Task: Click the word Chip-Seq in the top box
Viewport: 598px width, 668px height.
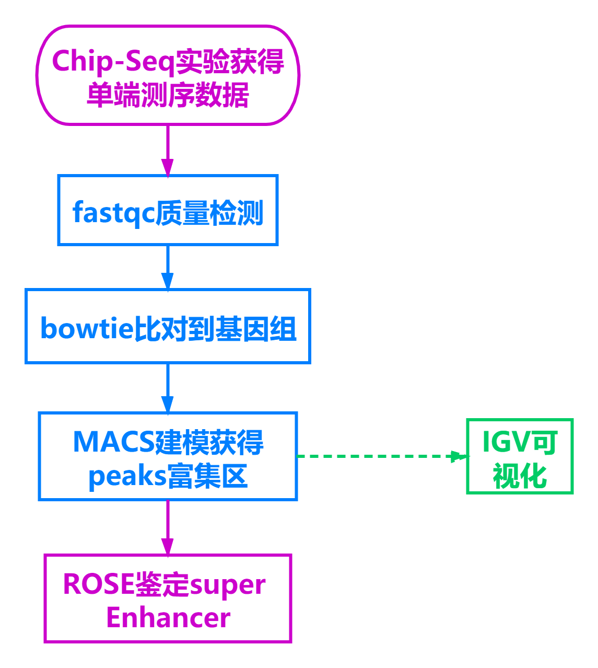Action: [112, 62]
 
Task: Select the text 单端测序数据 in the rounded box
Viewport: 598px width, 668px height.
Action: [168, 95]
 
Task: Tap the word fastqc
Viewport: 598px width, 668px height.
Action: [113, 213]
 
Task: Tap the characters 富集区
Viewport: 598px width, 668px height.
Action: [207, 477]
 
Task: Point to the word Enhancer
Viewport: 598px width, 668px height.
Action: [168, 618]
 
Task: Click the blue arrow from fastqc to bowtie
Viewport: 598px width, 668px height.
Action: [167, 267]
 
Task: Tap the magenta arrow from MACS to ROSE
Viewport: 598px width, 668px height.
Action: [167, 527]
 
